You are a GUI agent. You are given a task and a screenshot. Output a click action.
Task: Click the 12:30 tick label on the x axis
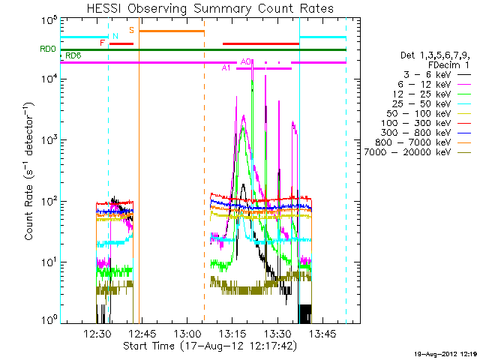(98, 334)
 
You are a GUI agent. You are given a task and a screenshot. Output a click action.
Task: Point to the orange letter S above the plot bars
(132, 30)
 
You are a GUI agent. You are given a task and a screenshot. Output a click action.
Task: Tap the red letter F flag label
(102, 43)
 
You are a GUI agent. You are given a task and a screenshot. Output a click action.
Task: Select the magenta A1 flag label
(226, 68)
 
